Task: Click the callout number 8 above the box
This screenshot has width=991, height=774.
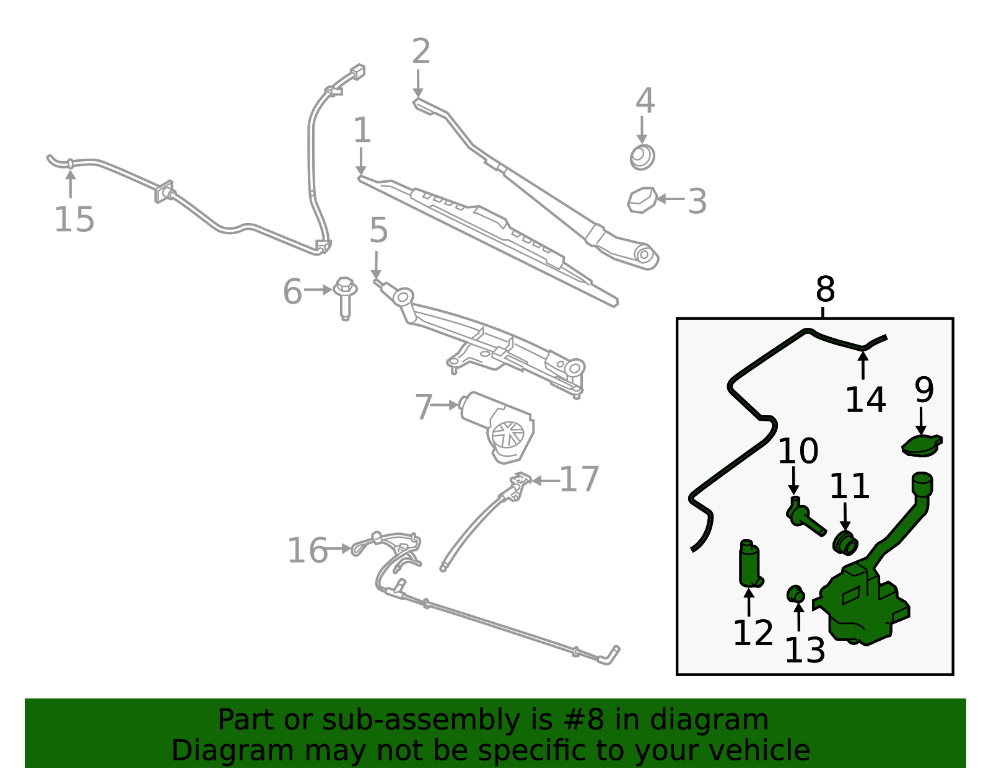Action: click(825, 289)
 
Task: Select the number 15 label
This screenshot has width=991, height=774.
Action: click(74, 219)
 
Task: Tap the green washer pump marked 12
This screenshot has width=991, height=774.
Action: click(750, 563)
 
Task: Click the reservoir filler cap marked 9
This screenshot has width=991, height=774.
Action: click(922, 446)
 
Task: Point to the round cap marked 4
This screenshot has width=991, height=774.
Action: click(642, 157)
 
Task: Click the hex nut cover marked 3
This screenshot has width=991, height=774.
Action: click(642, 200)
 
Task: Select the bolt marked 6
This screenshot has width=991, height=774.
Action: click(345, 298)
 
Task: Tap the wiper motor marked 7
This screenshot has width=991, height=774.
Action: click(497, 428)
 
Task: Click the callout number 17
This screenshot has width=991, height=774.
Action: click(578, 480)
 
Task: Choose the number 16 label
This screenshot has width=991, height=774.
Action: click(307, 550)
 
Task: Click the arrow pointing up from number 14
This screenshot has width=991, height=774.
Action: click(863, 365)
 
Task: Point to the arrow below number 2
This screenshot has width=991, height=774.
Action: click(417, 84)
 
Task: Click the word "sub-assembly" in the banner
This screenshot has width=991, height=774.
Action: click(421, 720)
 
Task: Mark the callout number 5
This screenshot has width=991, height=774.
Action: click(378, 230)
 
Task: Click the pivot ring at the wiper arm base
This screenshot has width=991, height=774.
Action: click(644, 255)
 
